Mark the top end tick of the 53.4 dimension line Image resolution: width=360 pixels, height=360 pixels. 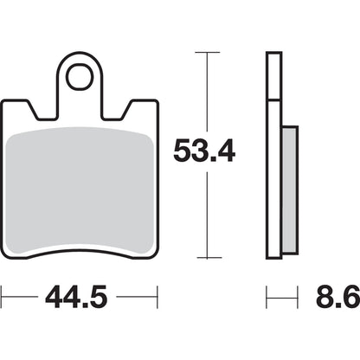coord(206,53)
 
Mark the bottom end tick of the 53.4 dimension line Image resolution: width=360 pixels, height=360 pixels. coord(206,257)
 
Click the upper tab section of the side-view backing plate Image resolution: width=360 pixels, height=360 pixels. coord(273,78)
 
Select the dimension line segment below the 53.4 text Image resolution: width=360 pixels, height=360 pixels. coord(206,216)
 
